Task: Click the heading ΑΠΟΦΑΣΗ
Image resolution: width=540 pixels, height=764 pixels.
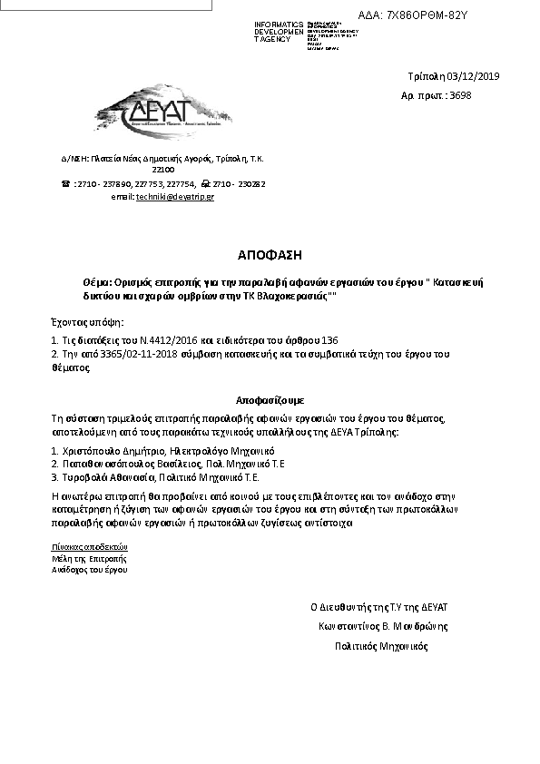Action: point(269,254)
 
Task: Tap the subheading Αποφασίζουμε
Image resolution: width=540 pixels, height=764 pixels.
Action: point(270,399)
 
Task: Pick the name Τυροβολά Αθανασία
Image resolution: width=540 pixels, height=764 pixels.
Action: point(108,475)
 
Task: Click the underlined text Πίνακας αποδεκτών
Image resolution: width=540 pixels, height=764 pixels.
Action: point(90,547)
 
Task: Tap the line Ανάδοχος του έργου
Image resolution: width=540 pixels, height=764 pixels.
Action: point(90,570)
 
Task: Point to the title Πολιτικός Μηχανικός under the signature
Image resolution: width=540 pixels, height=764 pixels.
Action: point(381,647)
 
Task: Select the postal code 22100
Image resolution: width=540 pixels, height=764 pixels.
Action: point(163,169)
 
